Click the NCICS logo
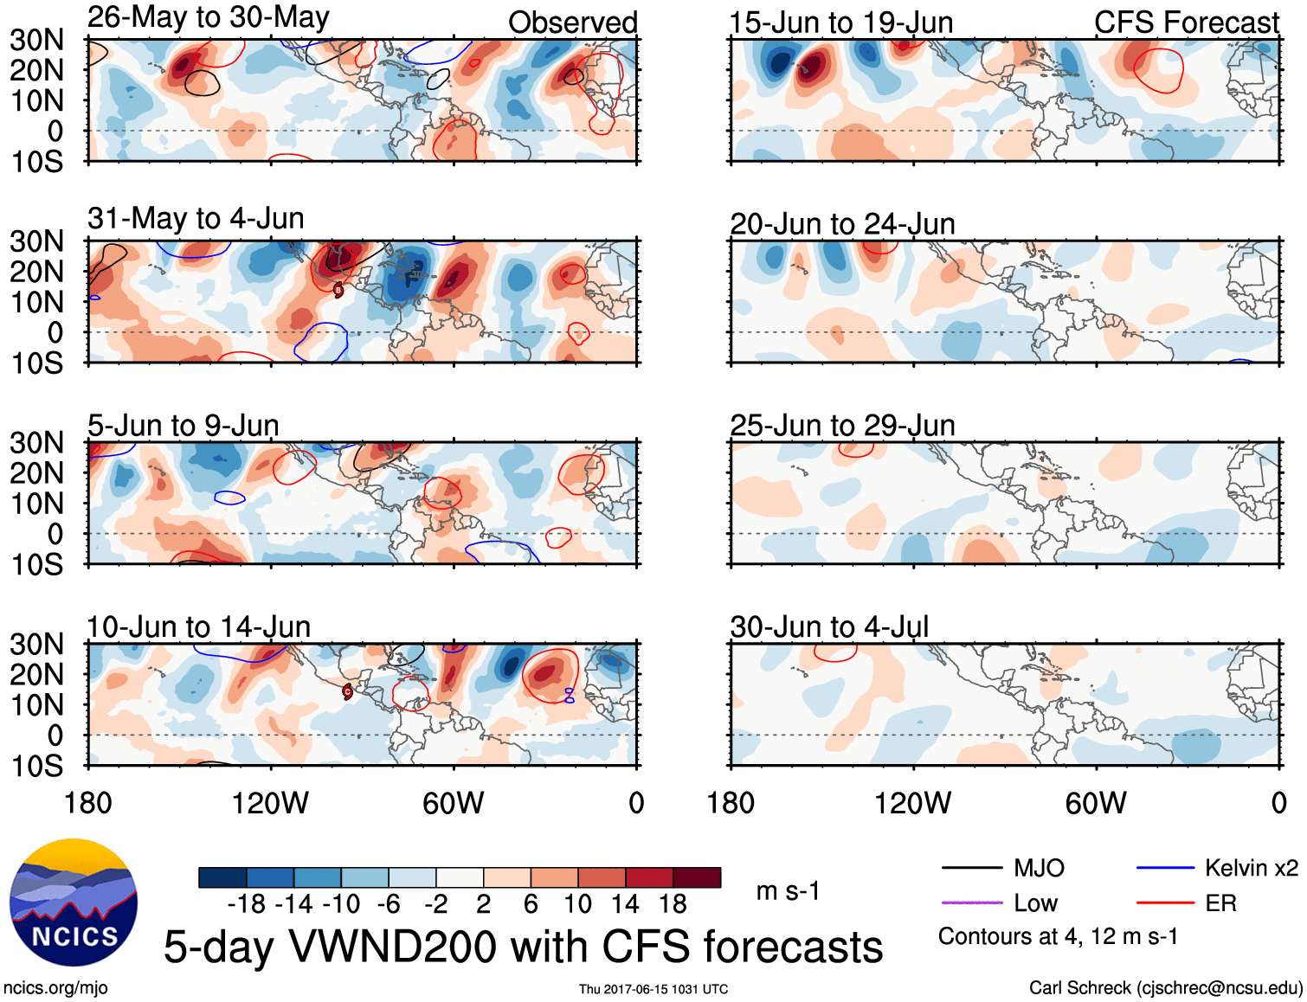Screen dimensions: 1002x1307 (x=74, y=902)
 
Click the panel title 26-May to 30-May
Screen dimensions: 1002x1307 (x=208, y=17)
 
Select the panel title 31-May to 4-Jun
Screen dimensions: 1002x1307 (x=196, y=218)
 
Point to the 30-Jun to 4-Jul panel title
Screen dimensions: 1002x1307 (x=828, y=626)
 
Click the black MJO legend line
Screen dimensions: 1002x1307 (x=971, y=868)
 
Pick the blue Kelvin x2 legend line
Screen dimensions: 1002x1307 (x=1165, y=868)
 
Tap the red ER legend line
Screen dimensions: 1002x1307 (x=1165, y=903)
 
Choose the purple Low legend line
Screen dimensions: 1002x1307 (x=971, y=903)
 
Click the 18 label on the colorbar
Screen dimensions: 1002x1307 (x=673, y=905)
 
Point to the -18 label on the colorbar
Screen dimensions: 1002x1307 (x=247, y=905)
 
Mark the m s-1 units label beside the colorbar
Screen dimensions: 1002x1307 (x=788, y=891)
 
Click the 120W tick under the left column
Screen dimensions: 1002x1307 (x=270, y=803)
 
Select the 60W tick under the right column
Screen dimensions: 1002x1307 (x=1096, y=803)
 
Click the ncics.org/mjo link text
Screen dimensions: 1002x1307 (x=55, y=988)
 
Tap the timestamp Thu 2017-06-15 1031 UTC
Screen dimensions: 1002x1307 (x=653, y=989)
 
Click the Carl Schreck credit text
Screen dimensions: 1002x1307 (x=1165, y=988)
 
